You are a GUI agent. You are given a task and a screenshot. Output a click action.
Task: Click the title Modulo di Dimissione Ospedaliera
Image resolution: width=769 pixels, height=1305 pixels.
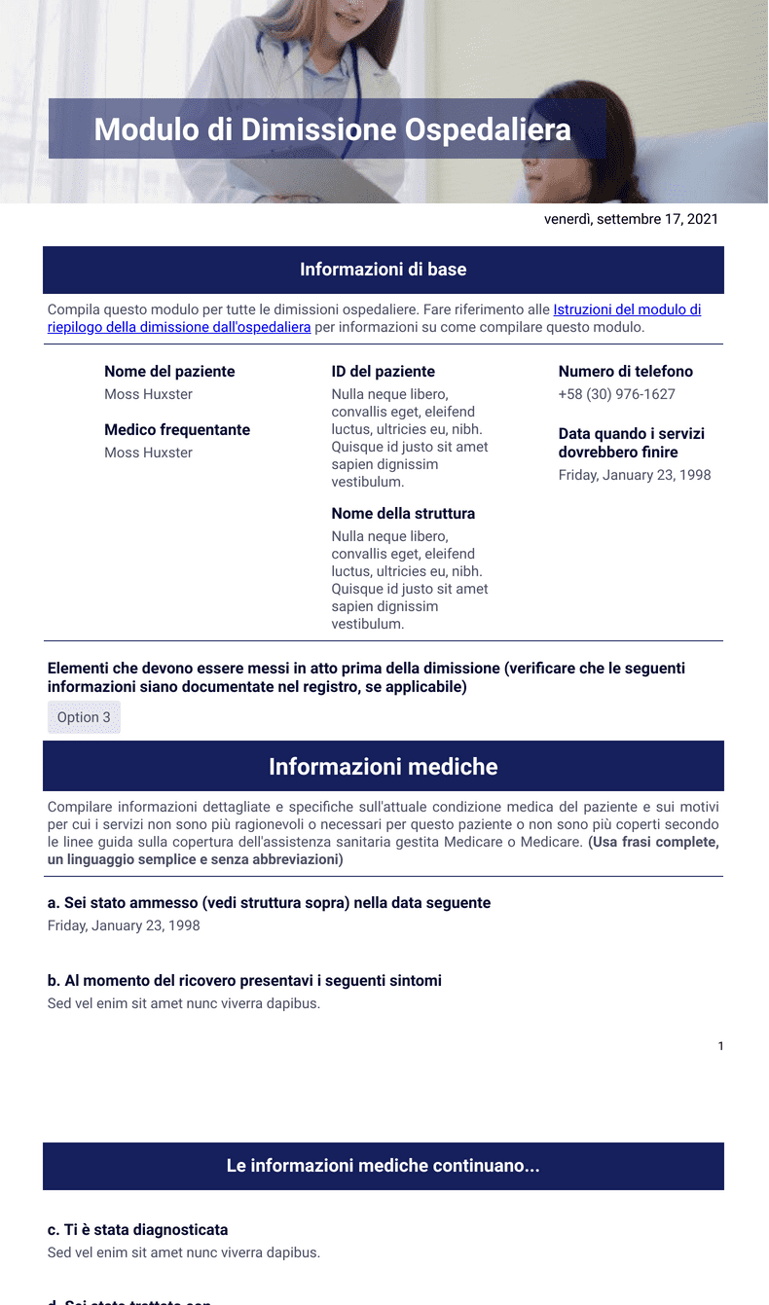tap(332, 129)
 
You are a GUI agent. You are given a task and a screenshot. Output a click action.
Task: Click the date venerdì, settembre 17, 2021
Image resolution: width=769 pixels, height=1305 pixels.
tap(631, 219)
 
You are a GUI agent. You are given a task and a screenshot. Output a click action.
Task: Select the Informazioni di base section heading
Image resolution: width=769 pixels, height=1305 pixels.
tap(383, 270)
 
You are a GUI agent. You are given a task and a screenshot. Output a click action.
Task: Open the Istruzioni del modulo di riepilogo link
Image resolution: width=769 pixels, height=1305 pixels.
tap(627, 309)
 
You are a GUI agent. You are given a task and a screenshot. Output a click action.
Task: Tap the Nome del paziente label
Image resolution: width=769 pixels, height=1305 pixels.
tap(169, 372)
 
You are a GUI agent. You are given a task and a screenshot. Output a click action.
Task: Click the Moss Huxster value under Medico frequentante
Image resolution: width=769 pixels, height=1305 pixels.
tap(148, 453)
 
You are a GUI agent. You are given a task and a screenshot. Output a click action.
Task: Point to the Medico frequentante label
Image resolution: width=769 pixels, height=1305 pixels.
tap(177, 430)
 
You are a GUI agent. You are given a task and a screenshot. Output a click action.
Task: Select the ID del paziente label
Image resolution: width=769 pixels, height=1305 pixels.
tap(383, 372)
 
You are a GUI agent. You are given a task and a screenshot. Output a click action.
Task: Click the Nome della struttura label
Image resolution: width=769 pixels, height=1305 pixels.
tap(403, 514)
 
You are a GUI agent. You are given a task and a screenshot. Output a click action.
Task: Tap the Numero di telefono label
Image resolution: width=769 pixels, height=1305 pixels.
tap(626, 372)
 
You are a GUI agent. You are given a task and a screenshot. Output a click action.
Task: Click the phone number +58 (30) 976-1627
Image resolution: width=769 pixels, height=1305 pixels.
tap(616, 394)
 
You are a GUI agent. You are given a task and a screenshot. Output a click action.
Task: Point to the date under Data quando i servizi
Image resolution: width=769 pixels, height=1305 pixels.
tap(635, 475)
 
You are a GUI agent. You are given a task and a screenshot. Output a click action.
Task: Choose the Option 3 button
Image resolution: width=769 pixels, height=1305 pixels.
tap(84, 717)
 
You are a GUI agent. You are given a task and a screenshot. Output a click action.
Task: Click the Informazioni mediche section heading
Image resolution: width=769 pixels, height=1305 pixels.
tap(383, 767)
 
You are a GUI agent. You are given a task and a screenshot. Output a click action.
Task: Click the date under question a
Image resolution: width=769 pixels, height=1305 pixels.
tap(124, 925)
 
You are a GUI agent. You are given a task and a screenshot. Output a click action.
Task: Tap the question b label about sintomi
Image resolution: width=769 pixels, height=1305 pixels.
tap(244, 981)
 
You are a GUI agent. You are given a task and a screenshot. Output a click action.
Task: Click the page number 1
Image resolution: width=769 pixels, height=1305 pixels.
tap(720, 1046)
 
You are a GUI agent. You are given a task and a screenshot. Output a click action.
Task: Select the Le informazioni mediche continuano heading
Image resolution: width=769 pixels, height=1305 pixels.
tap(383, 1166)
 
